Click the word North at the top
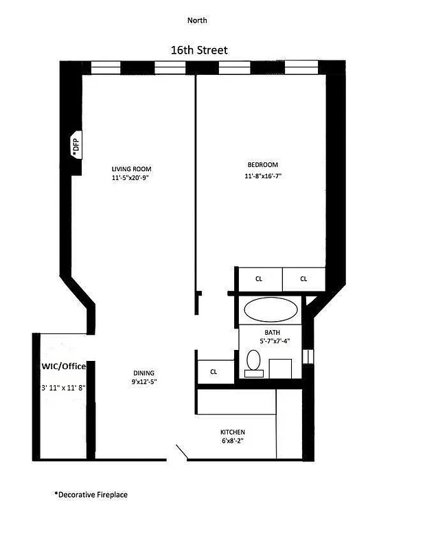pos(197,21)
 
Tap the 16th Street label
pos(199,50)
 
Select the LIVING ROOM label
pos(132,169)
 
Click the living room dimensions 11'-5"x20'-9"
pos(132,177)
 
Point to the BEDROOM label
pos(262,165)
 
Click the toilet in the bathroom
pos(253,362)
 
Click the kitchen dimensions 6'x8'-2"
pos(233,441)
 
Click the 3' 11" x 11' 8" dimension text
pos(63,388)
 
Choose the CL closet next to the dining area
pos(214,372)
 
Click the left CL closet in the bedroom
pos(259,279)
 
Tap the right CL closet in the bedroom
pos(303,279)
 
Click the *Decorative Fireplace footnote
pos(91,494)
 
